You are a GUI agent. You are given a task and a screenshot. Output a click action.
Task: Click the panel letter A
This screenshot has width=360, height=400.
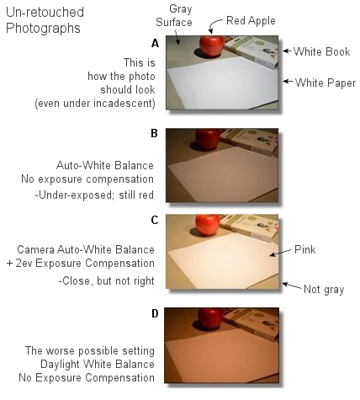[x=155, y=43]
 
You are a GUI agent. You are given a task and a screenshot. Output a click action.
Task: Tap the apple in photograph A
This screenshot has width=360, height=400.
[x=211, y=45]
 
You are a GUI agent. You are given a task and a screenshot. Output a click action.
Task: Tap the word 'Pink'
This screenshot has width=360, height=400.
[x=306, y=250]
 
